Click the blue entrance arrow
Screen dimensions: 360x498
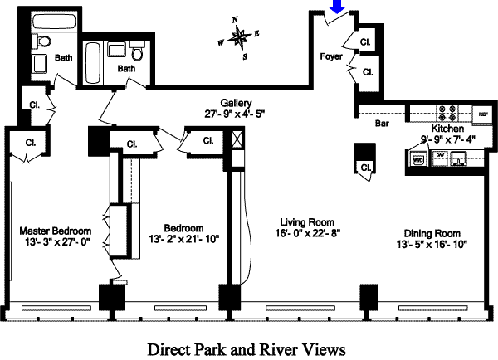[337, 7]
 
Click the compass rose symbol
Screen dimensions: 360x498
[240, 36]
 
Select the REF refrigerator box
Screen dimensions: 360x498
[481, 114]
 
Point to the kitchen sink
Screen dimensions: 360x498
[459, 157]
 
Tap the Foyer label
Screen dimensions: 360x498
[332, 56]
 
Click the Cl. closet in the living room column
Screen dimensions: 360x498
[365, 168]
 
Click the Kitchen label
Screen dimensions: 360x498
[447, 129]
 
